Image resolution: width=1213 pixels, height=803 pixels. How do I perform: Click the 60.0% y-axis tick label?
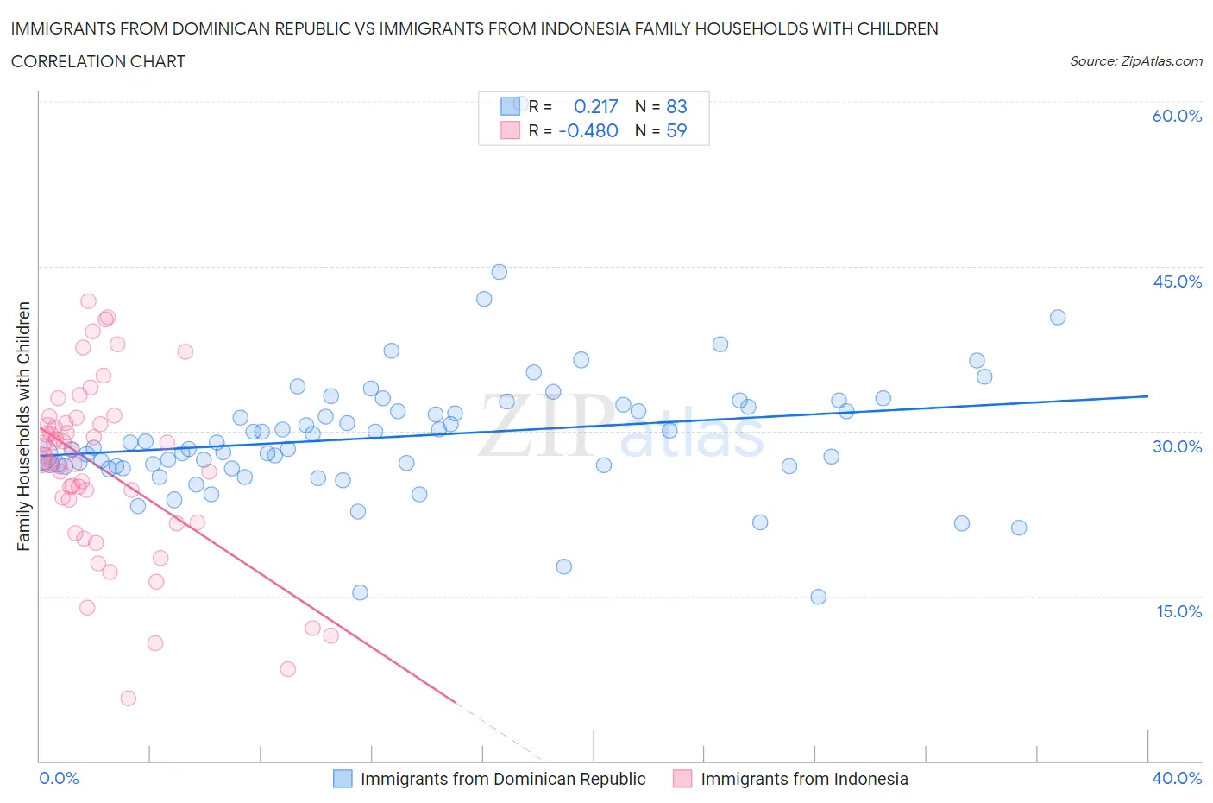(x=1177, y=116)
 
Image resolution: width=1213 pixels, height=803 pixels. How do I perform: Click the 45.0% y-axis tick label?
(x=1177, y=281)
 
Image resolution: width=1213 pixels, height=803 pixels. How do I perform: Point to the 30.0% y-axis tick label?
(x=1177, y=446)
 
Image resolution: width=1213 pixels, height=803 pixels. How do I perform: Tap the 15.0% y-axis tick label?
(x=1177, y=611)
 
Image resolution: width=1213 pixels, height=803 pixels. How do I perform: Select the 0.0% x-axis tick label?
(x=59, y=778)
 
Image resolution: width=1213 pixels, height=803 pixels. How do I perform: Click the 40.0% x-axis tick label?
(x=1177, y=778)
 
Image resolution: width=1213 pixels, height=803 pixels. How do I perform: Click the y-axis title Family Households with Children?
(x=23, y=426)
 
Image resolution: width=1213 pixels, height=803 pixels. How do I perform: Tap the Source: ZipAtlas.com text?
(x=1135, y=61)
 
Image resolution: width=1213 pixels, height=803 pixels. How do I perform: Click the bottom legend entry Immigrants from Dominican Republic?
(x=503, y=779)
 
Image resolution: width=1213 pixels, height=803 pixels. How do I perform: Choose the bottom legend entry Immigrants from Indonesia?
(x=804, y=779)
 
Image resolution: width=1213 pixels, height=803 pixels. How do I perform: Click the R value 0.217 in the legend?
(x=596, y=106)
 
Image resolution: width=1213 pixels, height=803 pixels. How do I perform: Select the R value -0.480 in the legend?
(x=588, y=130)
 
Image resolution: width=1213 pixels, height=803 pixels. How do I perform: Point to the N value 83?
(x=676, y=106)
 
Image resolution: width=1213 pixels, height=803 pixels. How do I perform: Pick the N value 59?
(x=676, y=130)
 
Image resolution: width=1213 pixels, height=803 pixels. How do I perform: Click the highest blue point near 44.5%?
(x=499, y=272)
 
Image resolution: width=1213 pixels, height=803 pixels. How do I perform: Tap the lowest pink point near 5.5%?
(x=128, y=699)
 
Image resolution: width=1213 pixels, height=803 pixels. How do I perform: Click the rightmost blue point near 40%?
(x=1058, y=317)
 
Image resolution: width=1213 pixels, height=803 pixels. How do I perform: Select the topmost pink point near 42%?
(x=88, y=301)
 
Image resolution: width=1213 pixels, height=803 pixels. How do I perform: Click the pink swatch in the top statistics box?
(x=510, y=130)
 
